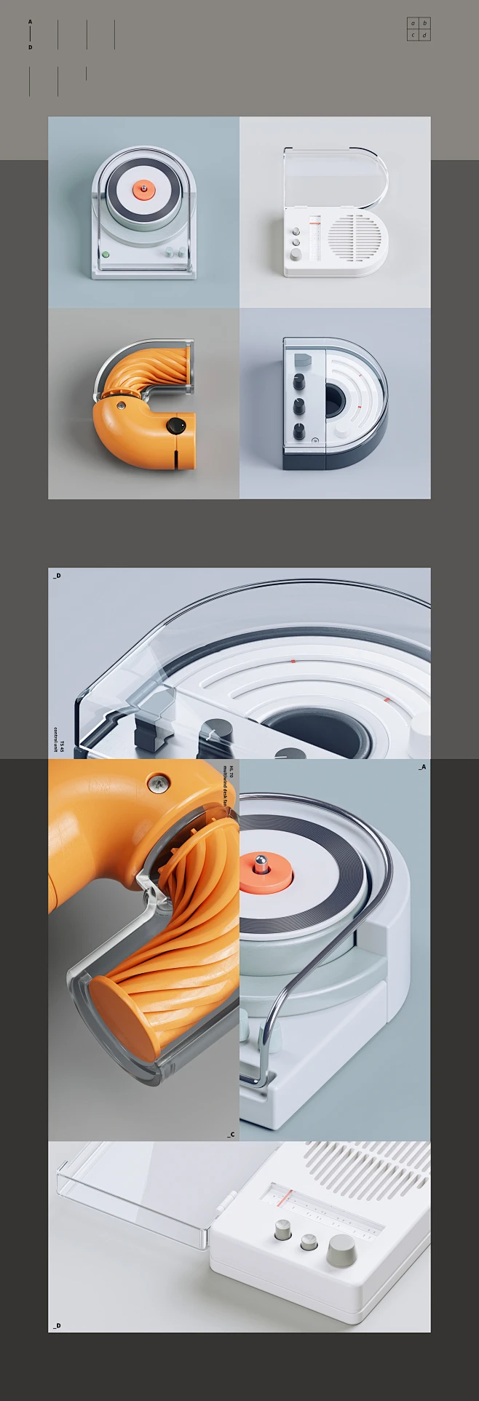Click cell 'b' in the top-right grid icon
424,23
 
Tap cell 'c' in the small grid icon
413,35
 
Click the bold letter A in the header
30,22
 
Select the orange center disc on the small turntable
143,191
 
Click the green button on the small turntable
106,255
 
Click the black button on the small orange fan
175,426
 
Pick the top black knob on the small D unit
299,381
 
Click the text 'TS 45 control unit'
58,739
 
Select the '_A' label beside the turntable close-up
422,767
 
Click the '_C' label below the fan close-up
230,1134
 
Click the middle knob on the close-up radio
310,1242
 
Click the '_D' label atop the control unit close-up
57,576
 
